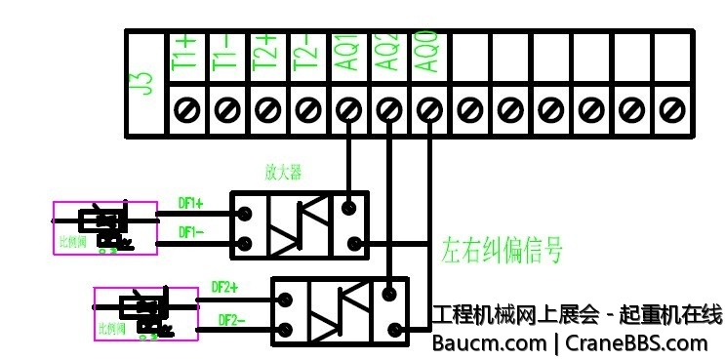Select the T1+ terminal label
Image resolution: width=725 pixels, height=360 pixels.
(x=185, y=52)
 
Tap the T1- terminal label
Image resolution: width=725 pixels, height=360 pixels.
(x=225, y=52)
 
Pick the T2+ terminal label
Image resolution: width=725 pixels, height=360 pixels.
(x=266, y=52)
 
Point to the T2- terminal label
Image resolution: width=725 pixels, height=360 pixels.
(x=306, y=52)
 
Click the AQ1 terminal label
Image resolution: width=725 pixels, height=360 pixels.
(x=347, y=52)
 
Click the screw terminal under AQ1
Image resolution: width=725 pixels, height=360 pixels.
(x=347, y=106)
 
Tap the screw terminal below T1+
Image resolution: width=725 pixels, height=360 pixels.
(x=185, y=106)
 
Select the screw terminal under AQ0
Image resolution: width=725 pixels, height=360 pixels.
(x=427, y=106)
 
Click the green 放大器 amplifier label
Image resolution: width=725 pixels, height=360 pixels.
(x=283, y=173)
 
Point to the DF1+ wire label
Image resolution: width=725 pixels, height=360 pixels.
(x=190, y=204)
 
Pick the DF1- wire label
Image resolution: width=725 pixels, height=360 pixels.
(x=190, y=232)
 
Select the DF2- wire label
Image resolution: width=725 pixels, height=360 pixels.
(x=231, y=319)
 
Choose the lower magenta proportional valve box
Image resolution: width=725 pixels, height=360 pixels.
(x=146, y=313)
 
